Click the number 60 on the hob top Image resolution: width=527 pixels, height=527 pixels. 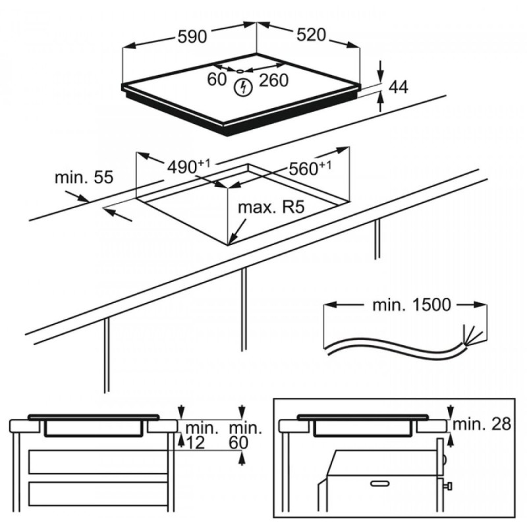click(217, 79)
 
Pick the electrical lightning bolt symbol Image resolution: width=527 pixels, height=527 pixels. click(244, 85)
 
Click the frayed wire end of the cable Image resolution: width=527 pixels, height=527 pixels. click(470, 332)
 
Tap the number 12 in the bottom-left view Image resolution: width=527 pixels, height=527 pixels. click(196, 443)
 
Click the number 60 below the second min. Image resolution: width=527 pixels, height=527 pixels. click(237, 443)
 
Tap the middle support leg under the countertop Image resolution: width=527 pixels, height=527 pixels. click(244, 310)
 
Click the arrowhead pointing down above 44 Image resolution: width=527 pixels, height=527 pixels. click(381, 73)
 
